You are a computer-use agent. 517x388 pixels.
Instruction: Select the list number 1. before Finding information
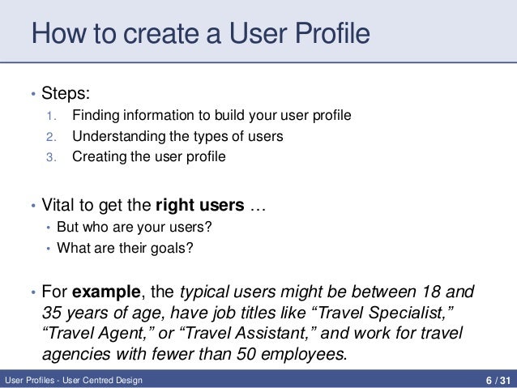click(50, 117)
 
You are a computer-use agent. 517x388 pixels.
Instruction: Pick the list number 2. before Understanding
click(50, 137)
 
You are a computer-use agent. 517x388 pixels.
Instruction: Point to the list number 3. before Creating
click(50, 157)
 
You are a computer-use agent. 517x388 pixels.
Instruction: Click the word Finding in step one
click(94, 117)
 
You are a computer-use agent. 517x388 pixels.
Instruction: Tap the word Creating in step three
click(97, 157)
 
